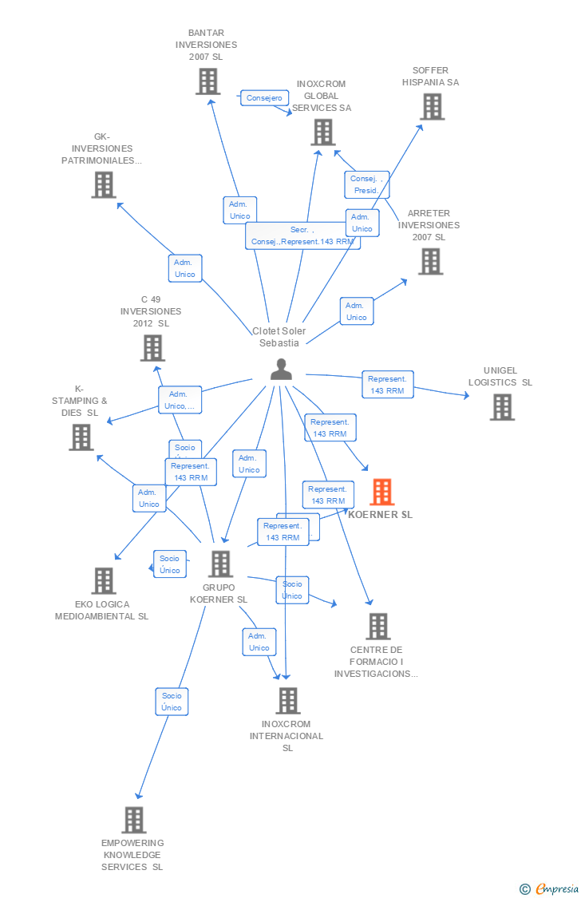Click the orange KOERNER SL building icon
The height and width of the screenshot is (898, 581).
coord(382,492)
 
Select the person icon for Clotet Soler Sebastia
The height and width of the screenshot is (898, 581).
coord(281,369)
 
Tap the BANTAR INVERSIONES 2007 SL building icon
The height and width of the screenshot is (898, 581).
coord(207,81)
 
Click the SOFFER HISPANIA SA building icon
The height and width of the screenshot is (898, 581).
coord(432,106)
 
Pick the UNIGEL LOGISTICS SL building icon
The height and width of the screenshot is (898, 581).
coord(502,407)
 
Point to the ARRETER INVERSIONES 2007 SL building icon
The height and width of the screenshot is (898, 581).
coord(430,261)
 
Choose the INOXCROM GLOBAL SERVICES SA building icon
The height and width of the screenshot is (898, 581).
coord(322,133)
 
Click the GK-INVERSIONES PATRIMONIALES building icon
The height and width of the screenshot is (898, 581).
coord(104,184)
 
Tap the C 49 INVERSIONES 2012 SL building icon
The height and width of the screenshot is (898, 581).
coord(152,348)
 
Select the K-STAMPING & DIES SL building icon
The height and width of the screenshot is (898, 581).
coord(81,437)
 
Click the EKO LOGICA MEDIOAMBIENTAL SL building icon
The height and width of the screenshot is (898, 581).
coord(103,580)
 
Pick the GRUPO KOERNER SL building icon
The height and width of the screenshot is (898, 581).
coord(219,564)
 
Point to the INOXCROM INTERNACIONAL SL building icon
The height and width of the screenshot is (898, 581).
coord(287,700)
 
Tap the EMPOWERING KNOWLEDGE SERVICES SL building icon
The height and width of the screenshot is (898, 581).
coord(133,820)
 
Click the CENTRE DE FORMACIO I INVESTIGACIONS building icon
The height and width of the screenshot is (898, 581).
coord(377,627)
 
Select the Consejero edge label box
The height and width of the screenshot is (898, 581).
coord(264,98)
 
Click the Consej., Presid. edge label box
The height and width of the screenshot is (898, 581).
coord(366,184)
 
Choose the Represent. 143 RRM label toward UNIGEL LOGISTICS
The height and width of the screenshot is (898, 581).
coord(387,385)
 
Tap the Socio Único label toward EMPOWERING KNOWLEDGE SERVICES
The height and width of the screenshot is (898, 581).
coord(172,702)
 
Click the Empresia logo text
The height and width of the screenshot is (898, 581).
coord(557,888)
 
